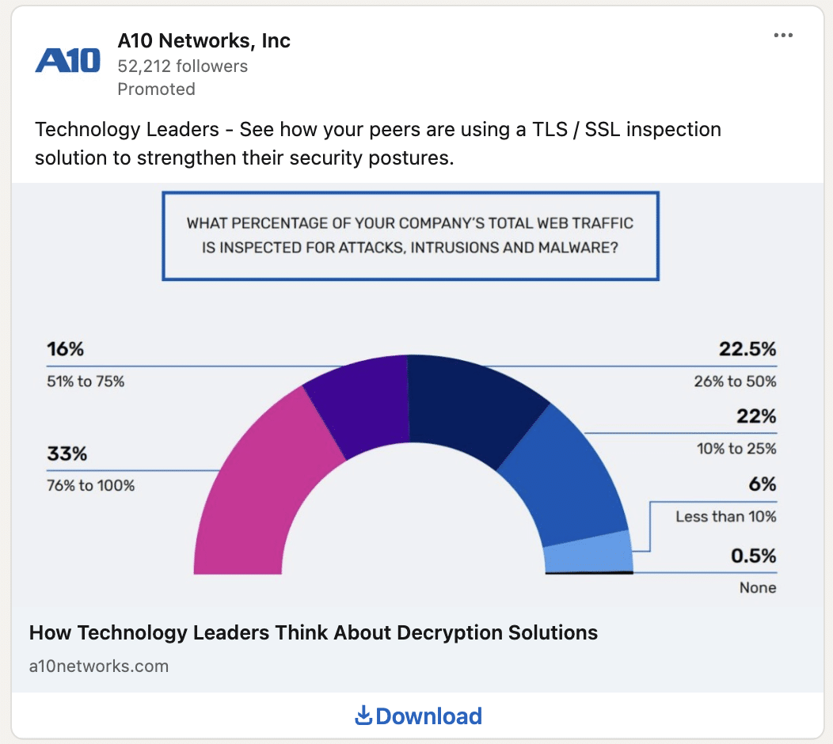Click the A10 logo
(x=68, y=60)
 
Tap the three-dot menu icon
(x=783, y=36)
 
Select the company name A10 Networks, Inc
(x=203, y=40)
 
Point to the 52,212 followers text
(x=182, y=66)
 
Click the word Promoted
(x=156, y=89)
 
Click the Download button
(x=418, y=716)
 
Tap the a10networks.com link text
(x=99, y=666)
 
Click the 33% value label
(x=67, y=454)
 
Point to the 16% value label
(x=65, y=349)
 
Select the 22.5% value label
(x=747, y=349)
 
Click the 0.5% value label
(x=753, y=556)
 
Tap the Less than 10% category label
(x=725, y=517)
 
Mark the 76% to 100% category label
(x=90, y=485)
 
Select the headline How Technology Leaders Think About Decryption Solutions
(x=314, y=632)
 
